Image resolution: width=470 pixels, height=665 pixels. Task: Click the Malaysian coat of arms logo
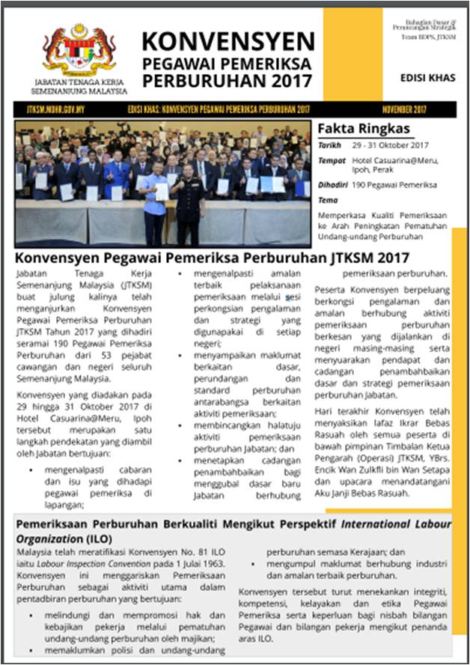tap(79, 49)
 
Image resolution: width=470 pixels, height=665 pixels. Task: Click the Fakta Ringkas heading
tap(353, 128)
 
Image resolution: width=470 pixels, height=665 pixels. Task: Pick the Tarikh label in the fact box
tap(329, 145)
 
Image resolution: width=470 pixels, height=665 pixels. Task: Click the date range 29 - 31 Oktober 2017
tap(390, 145)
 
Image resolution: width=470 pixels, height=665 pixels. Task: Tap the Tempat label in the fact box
tap(332, 160)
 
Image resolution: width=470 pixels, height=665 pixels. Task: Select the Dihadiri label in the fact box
tap(333, 185)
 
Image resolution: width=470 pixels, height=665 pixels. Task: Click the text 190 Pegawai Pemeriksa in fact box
tap(394, 185)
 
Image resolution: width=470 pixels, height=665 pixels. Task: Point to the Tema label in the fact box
tap(328, 200)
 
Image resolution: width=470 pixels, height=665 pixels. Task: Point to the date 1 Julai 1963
tap(198, 562)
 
